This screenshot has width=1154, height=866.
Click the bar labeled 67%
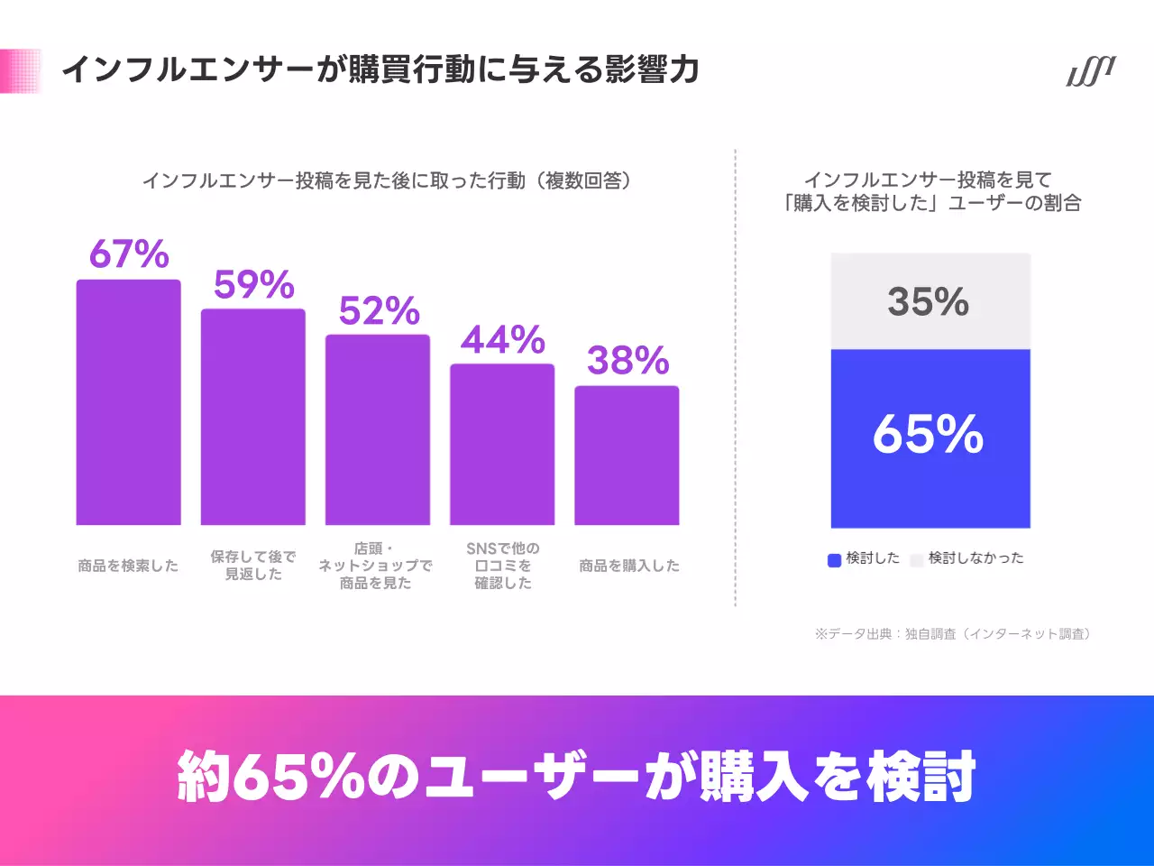[128, 402]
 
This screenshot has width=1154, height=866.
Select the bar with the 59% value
[253, 417]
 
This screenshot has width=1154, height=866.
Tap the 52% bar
[378, 429]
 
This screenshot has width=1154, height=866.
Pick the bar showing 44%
[502, 444]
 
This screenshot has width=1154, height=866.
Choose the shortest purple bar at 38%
[627, 456]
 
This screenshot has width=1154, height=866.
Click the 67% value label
[129, 255]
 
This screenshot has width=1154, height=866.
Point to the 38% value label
[627, 361]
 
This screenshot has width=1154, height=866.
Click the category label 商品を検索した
[128, 566]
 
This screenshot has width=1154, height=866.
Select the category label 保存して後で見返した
[253, 566]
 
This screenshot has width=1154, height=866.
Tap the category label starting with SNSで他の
[503, 566]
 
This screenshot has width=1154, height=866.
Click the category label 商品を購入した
[629, 566]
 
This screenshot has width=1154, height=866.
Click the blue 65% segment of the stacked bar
[930, 438]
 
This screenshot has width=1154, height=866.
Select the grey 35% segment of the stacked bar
[930, 301]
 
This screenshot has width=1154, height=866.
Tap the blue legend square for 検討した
[834, 560]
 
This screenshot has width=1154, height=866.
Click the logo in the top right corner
[1091, 71]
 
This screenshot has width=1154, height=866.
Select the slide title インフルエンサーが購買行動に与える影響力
[380, 69]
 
